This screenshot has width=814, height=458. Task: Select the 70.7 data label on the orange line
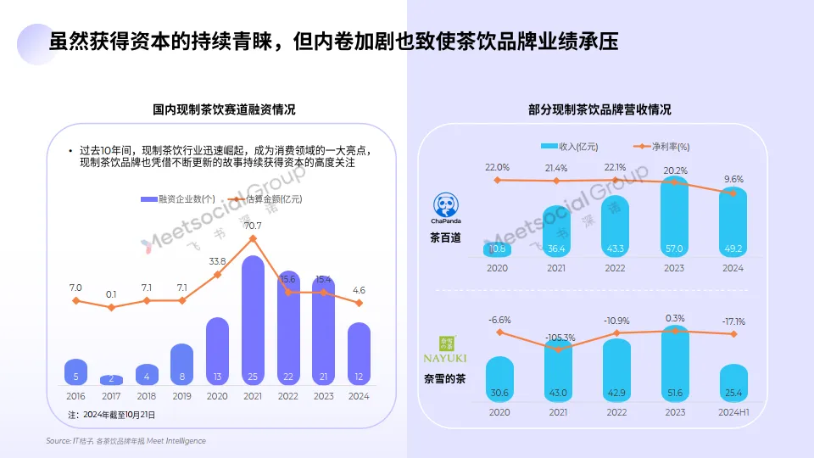point(253,226)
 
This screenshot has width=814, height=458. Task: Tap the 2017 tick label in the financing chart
point(111,395)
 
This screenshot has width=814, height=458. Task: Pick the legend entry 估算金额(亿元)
point(267,198)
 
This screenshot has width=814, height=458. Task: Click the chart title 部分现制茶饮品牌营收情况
point(599,109)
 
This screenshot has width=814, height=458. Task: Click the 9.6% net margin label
point(733,179)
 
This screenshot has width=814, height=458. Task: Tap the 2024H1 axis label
point(733,411)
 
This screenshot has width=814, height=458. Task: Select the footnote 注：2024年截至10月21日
point(111,415)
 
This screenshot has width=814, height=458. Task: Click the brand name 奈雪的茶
point(448,379)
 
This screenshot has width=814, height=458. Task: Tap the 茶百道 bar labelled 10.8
point(498,249)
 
